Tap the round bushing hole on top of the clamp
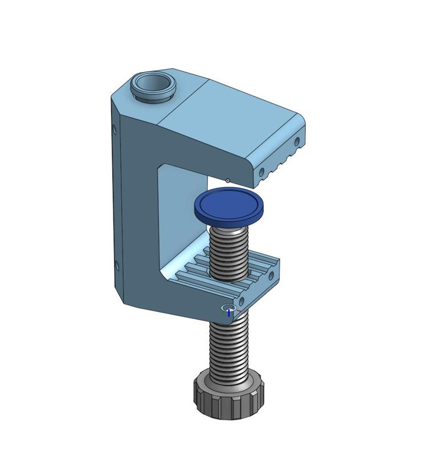click(153, 84)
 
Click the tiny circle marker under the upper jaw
click(228, 181)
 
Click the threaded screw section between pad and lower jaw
click(229, 251)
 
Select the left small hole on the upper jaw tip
click(261, 170)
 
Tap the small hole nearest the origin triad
click(242, 300)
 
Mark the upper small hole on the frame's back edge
click(115, 130)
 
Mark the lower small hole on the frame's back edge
click(117, 266)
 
